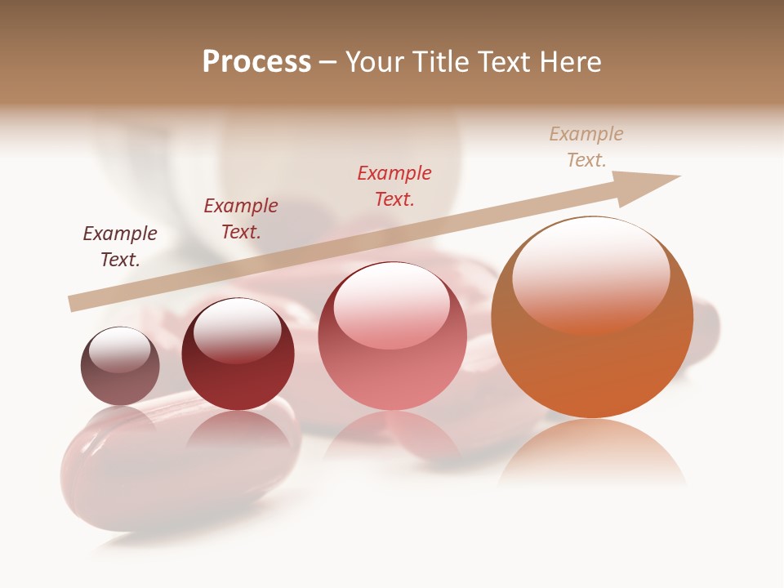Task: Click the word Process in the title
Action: coord(256,62)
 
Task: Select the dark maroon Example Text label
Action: coord(120,247)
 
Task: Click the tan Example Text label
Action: coord(586,147)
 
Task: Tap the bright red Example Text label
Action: coord(394,186)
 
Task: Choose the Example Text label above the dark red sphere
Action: coord(241,219)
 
